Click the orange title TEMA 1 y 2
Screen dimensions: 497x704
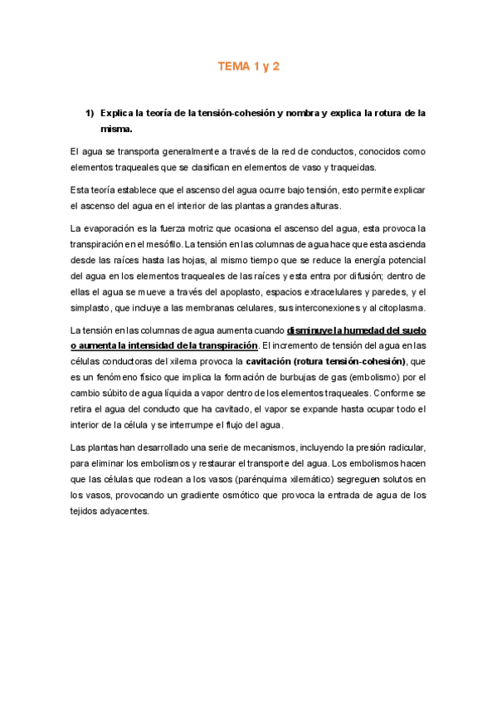[x=248, y=66]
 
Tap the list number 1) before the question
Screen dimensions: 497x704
[x=91, y=113]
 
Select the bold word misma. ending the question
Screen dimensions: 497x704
[x=116, y=130]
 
